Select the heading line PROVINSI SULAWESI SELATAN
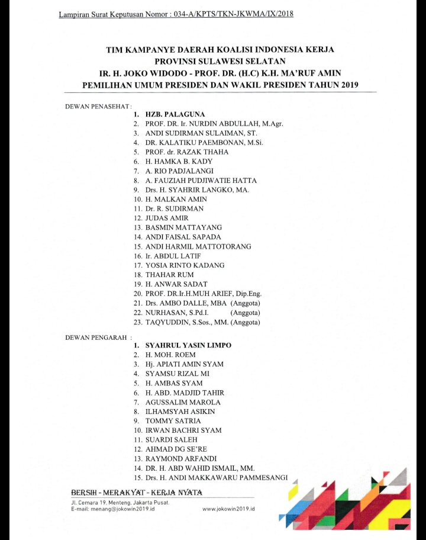(x=220, y=61)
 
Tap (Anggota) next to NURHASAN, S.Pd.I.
(x=245, y=313)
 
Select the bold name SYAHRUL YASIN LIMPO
(x=188, y=345)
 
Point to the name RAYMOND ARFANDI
(x=181, y=459)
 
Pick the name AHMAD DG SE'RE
(x=178, y=449)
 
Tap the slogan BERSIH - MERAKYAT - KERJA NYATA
(x=137, y=493)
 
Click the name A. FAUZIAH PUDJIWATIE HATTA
(x=201, y=180)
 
